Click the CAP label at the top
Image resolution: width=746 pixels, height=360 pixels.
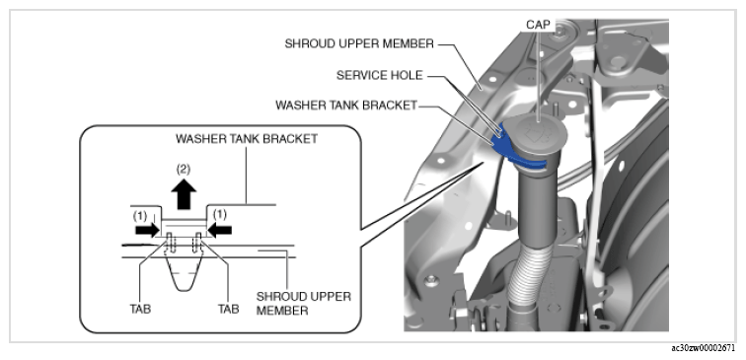click(x=538, y=25)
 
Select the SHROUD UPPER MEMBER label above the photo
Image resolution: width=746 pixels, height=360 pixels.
click(x=359, y=43)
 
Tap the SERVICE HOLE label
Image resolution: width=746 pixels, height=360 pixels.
click(x=380, y=76)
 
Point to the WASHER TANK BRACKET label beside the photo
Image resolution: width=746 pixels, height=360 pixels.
click(x=346, y=106)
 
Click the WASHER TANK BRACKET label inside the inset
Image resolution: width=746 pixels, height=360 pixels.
click(x=247, y=139)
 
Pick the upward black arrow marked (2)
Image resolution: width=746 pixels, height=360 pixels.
click(x=184, y=194)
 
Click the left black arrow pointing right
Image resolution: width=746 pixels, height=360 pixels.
click(x=146, y=230)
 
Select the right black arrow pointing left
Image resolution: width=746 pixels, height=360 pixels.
click(x=220, y=230)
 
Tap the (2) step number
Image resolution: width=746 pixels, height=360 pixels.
click(x=184, y=169)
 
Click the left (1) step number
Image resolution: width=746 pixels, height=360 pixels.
click(x=140, y=215)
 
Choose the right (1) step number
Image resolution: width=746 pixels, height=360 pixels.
click(x=219, y=215)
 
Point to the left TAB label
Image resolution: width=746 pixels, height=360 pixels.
click(x=140, y=309)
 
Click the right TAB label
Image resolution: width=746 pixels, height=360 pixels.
click(x=228, y=309)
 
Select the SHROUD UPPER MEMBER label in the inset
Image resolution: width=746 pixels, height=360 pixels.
click(x=304, y=304)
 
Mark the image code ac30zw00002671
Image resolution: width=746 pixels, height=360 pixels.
click(x=704, y=348)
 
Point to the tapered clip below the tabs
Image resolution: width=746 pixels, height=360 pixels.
click(x=184, y=268)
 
